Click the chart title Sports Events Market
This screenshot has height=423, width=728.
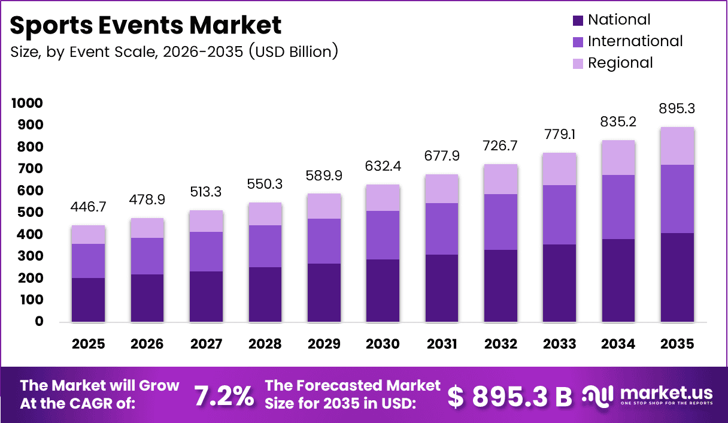[x=145, y=25]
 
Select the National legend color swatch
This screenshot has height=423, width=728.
[x=577, y=20]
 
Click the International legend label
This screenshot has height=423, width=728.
[x=635, y=41]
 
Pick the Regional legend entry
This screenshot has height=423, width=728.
[x=620, y=63]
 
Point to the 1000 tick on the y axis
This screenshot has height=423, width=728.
[x=27, y=104]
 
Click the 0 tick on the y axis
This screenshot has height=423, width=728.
[x=38, y=322]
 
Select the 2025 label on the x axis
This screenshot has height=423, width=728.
[x=88, y=344]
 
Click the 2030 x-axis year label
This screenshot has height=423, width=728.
[x=383, y=344]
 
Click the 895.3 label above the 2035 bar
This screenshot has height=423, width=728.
[x=677, y=108]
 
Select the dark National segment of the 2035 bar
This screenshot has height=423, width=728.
[x=677, y=277]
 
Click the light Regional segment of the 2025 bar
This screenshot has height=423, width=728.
[x=88, y=234]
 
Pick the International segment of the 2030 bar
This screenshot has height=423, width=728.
[x=383, y=235]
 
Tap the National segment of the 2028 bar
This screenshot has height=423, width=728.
[x=265, y=294]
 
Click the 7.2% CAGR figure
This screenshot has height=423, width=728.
[x=223, y=395]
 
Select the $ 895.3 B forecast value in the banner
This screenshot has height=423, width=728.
[x=509, y=395]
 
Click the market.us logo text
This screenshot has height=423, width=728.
[x=666, y=393]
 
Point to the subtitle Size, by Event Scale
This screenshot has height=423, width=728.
[x=174, y=52]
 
